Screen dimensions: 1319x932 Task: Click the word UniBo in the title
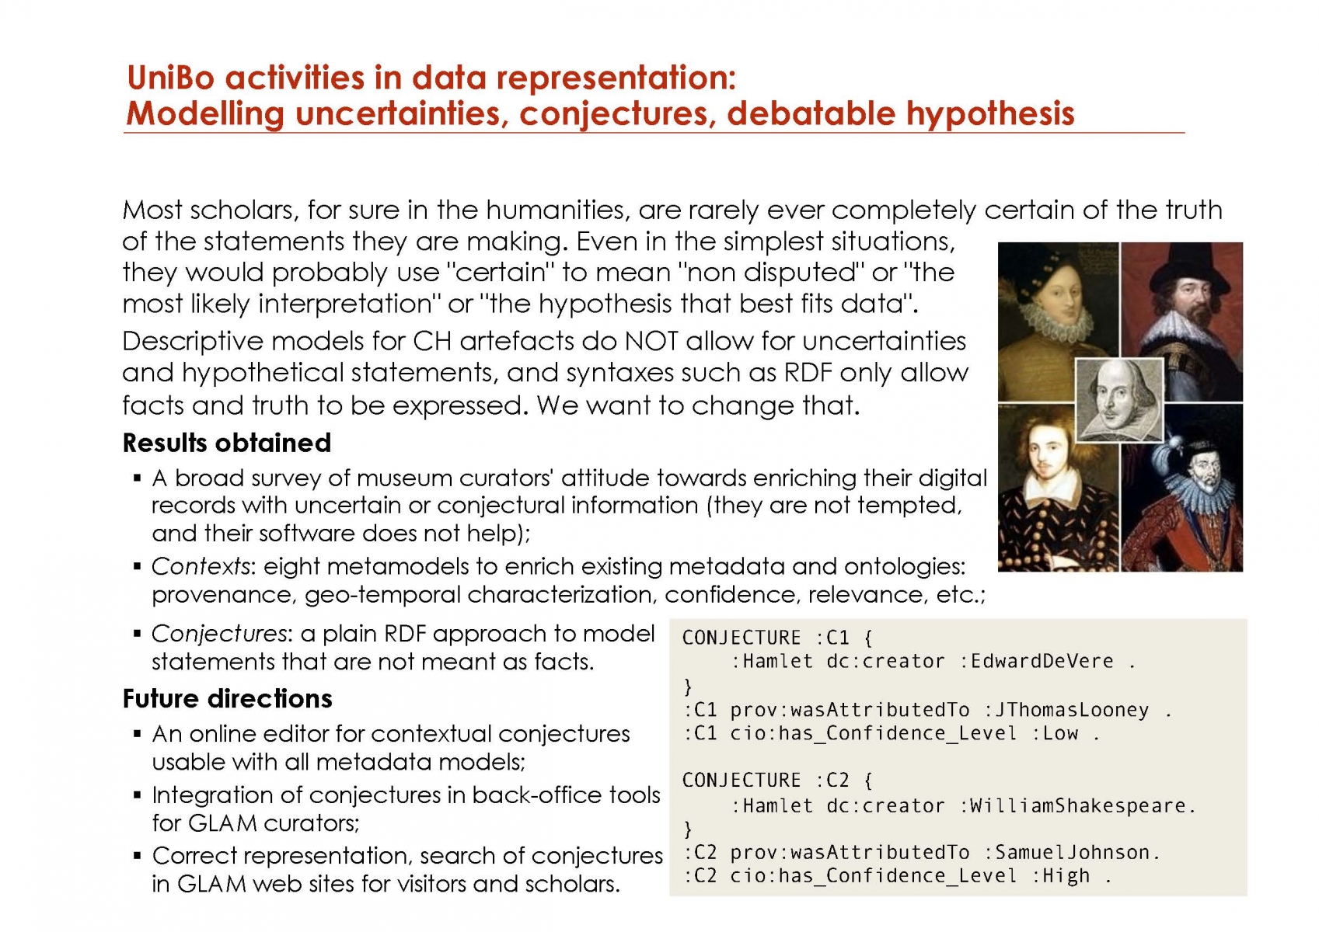coord(170,78)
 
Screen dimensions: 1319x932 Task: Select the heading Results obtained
coord(227,443)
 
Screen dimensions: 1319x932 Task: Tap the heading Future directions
coord(227,698)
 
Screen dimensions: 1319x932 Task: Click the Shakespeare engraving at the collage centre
coord(1119,400)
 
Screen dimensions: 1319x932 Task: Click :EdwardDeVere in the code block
coord(1036,662)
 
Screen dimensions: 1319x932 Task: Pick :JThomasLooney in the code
coord(1066,710)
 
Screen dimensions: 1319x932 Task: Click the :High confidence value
coord(1061,876)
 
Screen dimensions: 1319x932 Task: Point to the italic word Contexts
coord(201,566)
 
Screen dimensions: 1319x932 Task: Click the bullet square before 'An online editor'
coord(138,734)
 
